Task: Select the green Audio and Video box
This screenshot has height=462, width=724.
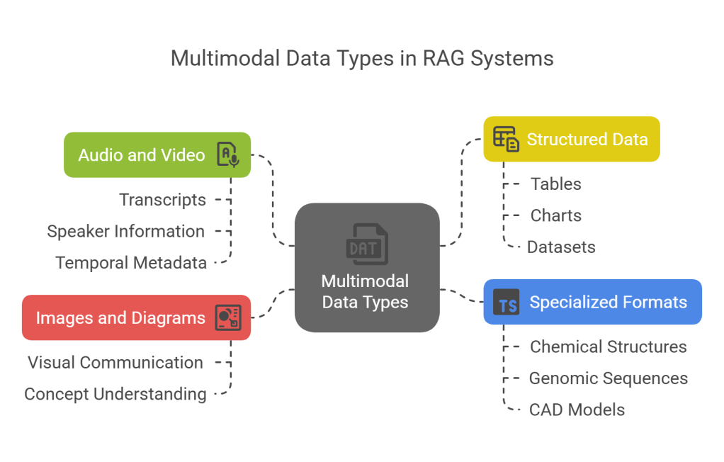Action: click(x=142, y=154)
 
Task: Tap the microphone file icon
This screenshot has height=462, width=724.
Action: click(x=227, y=154)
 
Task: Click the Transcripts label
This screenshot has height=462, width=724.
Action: click(x=163, y=201)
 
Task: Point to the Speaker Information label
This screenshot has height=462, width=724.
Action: click(x=126, y=232)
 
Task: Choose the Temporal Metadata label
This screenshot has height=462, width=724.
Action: click(x=131, y=263)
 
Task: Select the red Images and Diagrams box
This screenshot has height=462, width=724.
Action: click(x=120, y=317)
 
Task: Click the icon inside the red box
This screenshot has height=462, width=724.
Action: click(x=227, y=317)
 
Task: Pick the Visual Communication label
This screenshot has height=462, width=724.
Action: click(x=115, y=363)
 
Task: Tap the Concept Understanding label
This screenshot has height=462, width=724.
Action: click(x=115, y=394)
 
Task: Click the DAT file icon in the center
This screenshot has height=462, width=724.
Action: click(x=366, y=243)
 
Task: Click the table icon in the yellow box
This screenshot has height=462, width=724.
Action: click(x=506, y=139)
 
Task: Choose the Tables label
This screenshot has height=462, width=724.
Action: click(x=556, y=184)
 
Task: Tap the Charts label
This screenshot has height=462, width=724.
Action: click(x=556, y=215)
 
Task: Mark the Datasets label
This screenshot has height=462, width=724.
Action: click(x=561, y=247)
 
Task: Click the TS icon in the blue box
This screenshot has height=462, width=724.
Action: click(x=507, y=303)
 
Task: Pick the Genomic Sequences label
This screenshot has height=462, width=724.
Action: click(x=608, y=378)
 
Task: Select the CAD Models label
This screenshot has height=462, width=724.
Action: click(x=577, y=410)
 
